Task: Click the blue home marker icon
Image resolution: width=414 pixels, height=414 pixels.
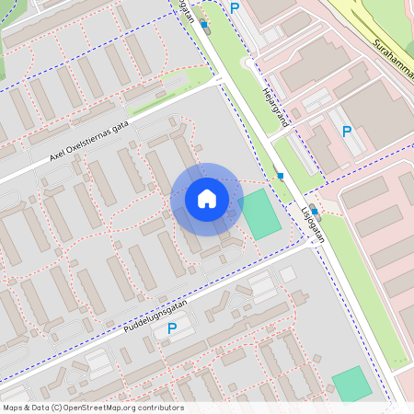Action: tap(207, 199)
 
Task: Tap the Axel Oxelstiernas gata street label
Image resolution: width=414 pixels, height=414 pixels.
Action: tap(89, 144)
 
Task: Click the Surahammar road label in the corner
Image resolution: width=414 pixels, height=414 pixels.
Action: tap(391, 54)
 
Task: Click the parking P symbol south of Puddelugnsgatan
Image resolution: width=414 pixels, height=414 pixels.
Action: tap(172, 328)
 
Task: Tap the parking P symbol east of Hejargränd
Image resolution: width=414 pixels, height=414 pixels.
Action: tap(347, 132)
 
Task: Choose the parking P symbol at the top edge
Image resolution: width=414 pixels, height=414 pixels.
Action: tap(235, 7)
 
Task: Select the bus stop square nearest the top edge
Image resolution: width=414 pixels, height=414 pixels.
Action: tap(204, 25)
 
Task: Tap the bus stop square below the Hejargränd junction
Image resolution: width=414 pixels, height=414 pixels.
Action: tap(279, 175)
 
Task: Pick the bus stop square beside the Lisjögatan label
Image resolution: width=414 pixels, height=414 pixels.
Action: tap(315, 211)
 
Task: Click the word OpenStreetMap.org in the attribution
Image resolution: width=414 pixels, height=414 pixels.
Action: tap(108, 408)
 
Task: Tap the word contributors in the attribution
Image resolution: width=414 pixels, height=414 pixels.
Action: tap(163, 408)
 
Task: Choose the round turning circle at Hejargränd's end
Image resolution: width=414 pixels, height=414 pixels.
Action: tap(247, 63)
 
